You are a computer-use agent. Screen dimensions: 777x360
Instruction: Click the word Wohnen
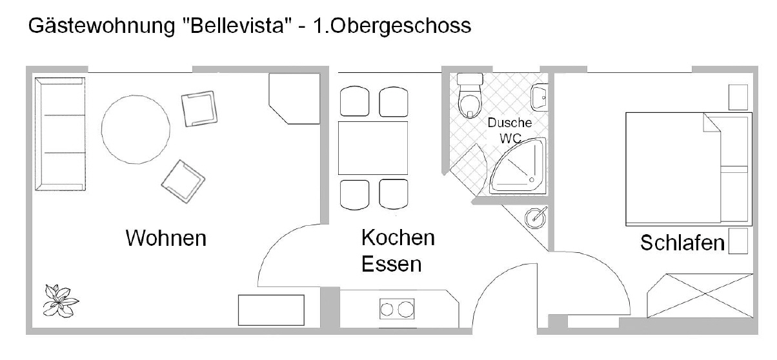click(x=166, y=238)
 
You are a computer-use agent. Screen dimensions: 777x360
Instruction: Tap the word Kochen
click(x=398, y=237)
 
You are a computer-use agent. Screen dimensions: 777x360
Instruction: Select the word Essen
click(x=391, y=264)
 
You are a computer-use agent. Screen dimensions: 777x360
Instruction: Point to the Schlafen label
click(x=682, y=243)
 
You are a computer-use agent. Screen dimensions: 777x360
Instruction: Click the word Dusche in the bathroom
click(x=510, y=123)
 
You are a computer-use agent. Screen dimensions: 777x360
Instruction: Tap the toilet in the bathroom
click(x=470, y=95)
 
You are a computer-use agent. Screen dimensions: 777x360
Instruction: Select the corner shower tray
click(x=518, y=166)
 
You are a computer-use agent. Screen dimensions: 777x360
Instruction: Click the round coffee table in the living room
click(x=136, y=130)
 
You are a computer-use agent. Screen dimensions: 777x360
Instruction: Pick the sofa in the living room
click(x=60, y=134)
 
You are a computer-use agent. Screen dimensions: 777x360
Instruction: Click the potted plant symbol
click(x=61, y=301)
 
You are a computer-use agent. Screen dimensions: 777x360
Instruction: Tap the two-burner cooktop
click(x=397, y=308)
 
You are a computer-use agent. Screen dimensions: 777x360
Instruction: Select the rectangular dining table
click(x=373, y=148)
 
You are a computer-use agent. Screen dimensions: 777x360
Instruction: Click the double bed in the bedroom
click(x=689, y=169)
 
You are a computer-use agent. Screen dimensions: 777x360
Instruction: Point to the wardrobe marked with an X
click(x=700, y=295)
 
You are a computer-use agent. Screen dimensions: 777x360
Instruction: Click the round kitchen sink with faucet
click(x=535, y=218)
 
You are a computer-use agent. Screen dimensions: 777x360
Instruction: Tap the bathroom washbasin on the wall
click(x=540, y=97)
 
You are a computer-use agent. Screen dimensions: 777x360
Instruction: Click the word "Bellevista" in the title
click(x=237, y=26)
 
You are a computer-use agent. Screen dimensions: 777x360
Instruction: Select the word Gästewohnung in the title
click(x=101, y=26)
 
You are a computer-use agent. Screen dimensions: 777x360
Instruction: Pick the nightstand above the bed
click(x=738, y=97)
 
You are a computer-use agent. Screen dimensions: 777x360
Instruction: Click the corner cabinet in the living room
click(x=294, y=99)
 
